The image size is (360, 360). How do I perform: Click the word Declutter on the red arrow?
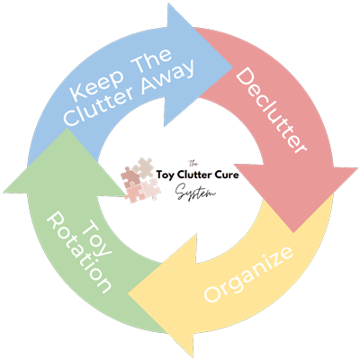pyautogui.click(x=271, y=111)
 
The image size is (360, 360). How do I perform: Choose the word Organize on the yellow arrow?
pyautogui.click(x=248, y=274)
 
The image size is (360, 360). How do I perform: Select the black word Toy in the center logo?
pyautogui.click(x=165, y=175)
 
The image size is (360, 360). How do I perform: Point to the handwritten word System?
pyautogui.click(x=195, y=192)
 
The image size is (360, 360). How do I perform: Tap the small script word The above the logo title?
pyautogui.click(x=193, y=164)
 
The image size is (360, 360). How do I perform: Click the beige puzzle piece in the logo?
pyautogui.click(x=143, y=168)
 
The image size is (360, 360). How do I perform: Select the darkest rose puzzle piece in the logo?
pyautogui.click(x=130, y=178)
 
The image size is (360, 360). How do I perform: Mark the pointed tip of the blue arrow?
pyautogui.click(x=233, y=67)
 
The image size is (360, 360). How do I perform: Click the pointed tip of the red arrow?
pyautogui.click(x=293, y=232)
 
